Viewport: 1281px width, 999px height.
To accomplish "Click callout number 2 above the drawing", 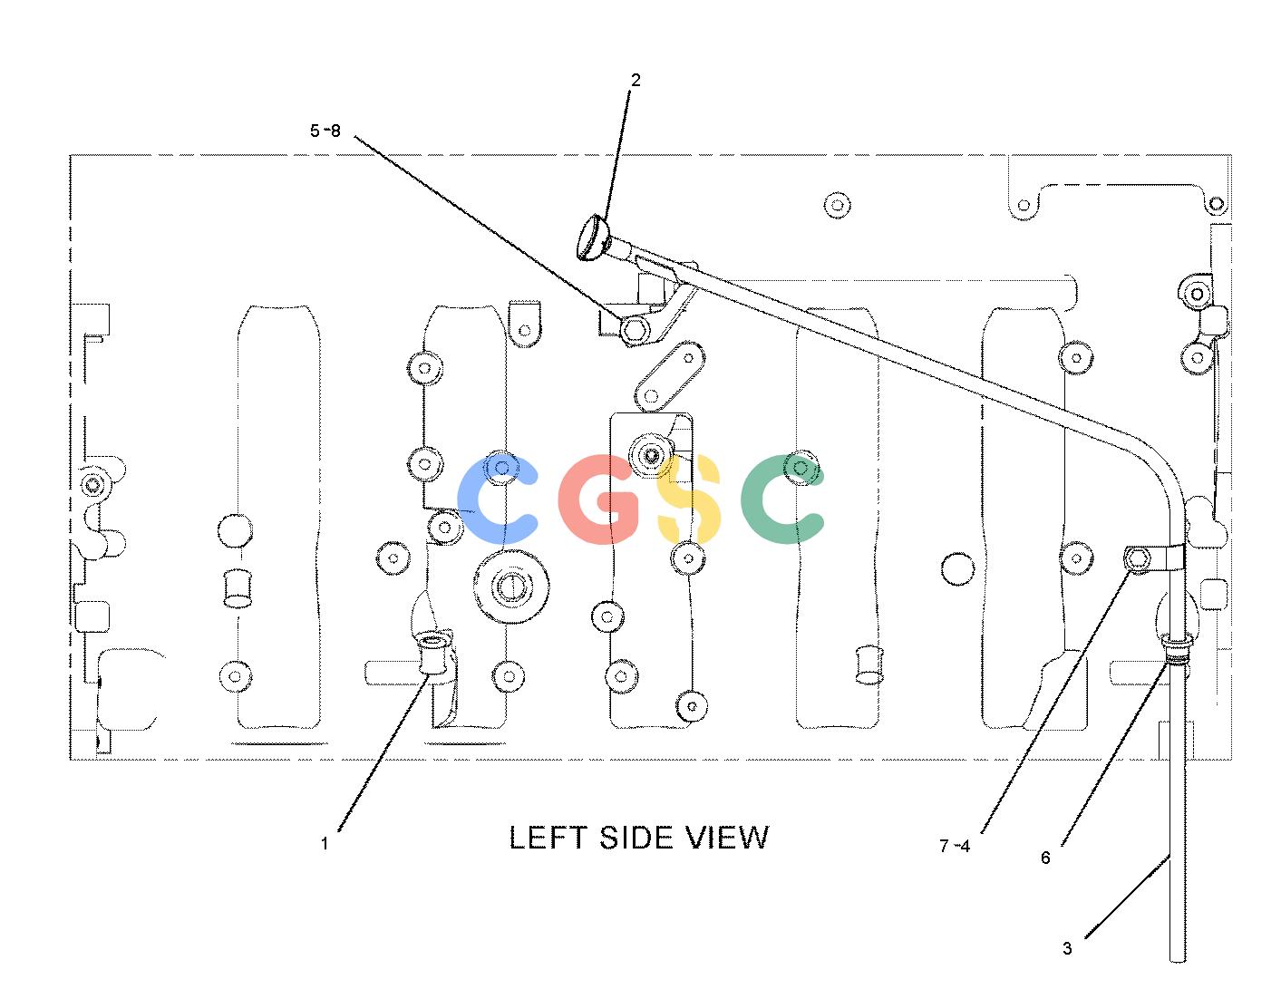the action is (635, 80).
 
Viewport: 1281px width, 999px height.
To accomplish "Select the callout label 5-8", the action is (325, 131).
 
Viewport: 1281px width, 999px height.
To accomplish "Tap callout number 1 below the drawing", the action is (324, 843).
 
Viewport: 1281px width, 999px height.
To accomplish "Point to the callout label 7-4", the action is (955, 846).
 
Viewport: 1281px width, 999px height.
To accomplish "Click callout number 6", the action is (1045, 858).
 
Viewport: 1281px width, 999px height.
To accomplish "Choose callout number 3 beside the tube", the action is (1067, 948).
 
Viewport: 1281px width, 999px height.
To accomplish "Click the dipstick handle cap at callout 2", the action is (593, 238).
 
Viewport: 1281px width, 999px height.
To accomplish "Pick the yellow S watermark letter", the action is (690, 499).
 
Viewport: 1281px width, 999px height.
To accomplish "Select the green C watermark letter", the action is (781, 499).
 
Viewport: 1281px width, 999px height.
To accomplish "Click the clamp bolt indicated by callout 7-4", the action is (1137, 558).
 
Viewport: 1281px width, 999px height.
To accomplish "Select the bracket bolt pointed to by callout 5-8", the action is (635, 329).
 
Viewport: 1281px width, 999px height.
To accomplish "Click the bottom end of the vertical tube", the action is (1178, 961).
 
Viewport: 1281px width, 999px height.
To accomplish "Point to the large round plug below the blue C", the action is (511, 587).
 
